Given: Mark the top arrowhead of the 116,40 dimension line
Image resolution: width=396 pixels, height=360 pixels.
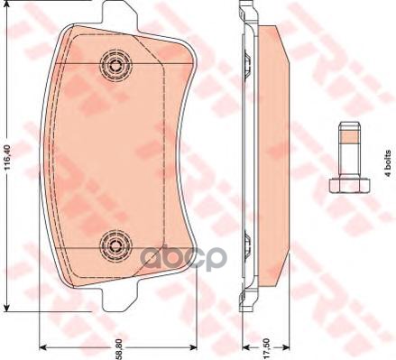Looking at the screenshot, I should tap(19, 4).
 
